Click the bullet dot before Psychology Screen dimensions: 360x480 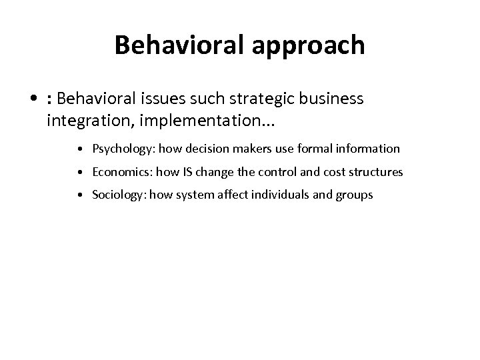[x=79, y=149]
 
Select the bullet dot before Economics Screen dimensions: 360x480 [x=79, y=173]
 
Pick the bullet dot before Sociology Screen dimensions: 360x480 [x=79, y=195]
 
